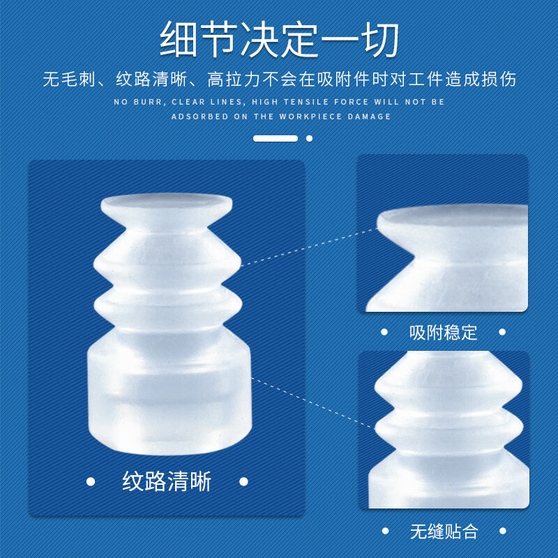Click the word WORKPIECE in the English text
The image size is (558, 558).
click(x=308, y=116)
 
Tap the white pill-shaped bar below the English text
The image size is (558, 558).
click(x=276, y=138)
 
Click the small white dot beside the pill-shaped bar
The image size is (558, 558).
click(x=309, y=138)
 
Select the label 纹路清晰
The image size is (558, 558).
click(x=167, y=481)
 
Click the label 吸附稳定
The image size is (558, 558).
click(x=443, y=332)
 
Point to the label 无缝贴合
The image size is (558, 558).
click(x=443, y=531)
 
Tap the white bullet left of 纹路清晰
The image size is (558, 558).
click(x=90, y=481)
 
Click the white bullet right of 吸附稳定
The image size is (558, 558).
click(x=503, y=332)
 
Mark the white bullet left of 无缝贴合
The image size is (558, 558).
click(x=384, y=531)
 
